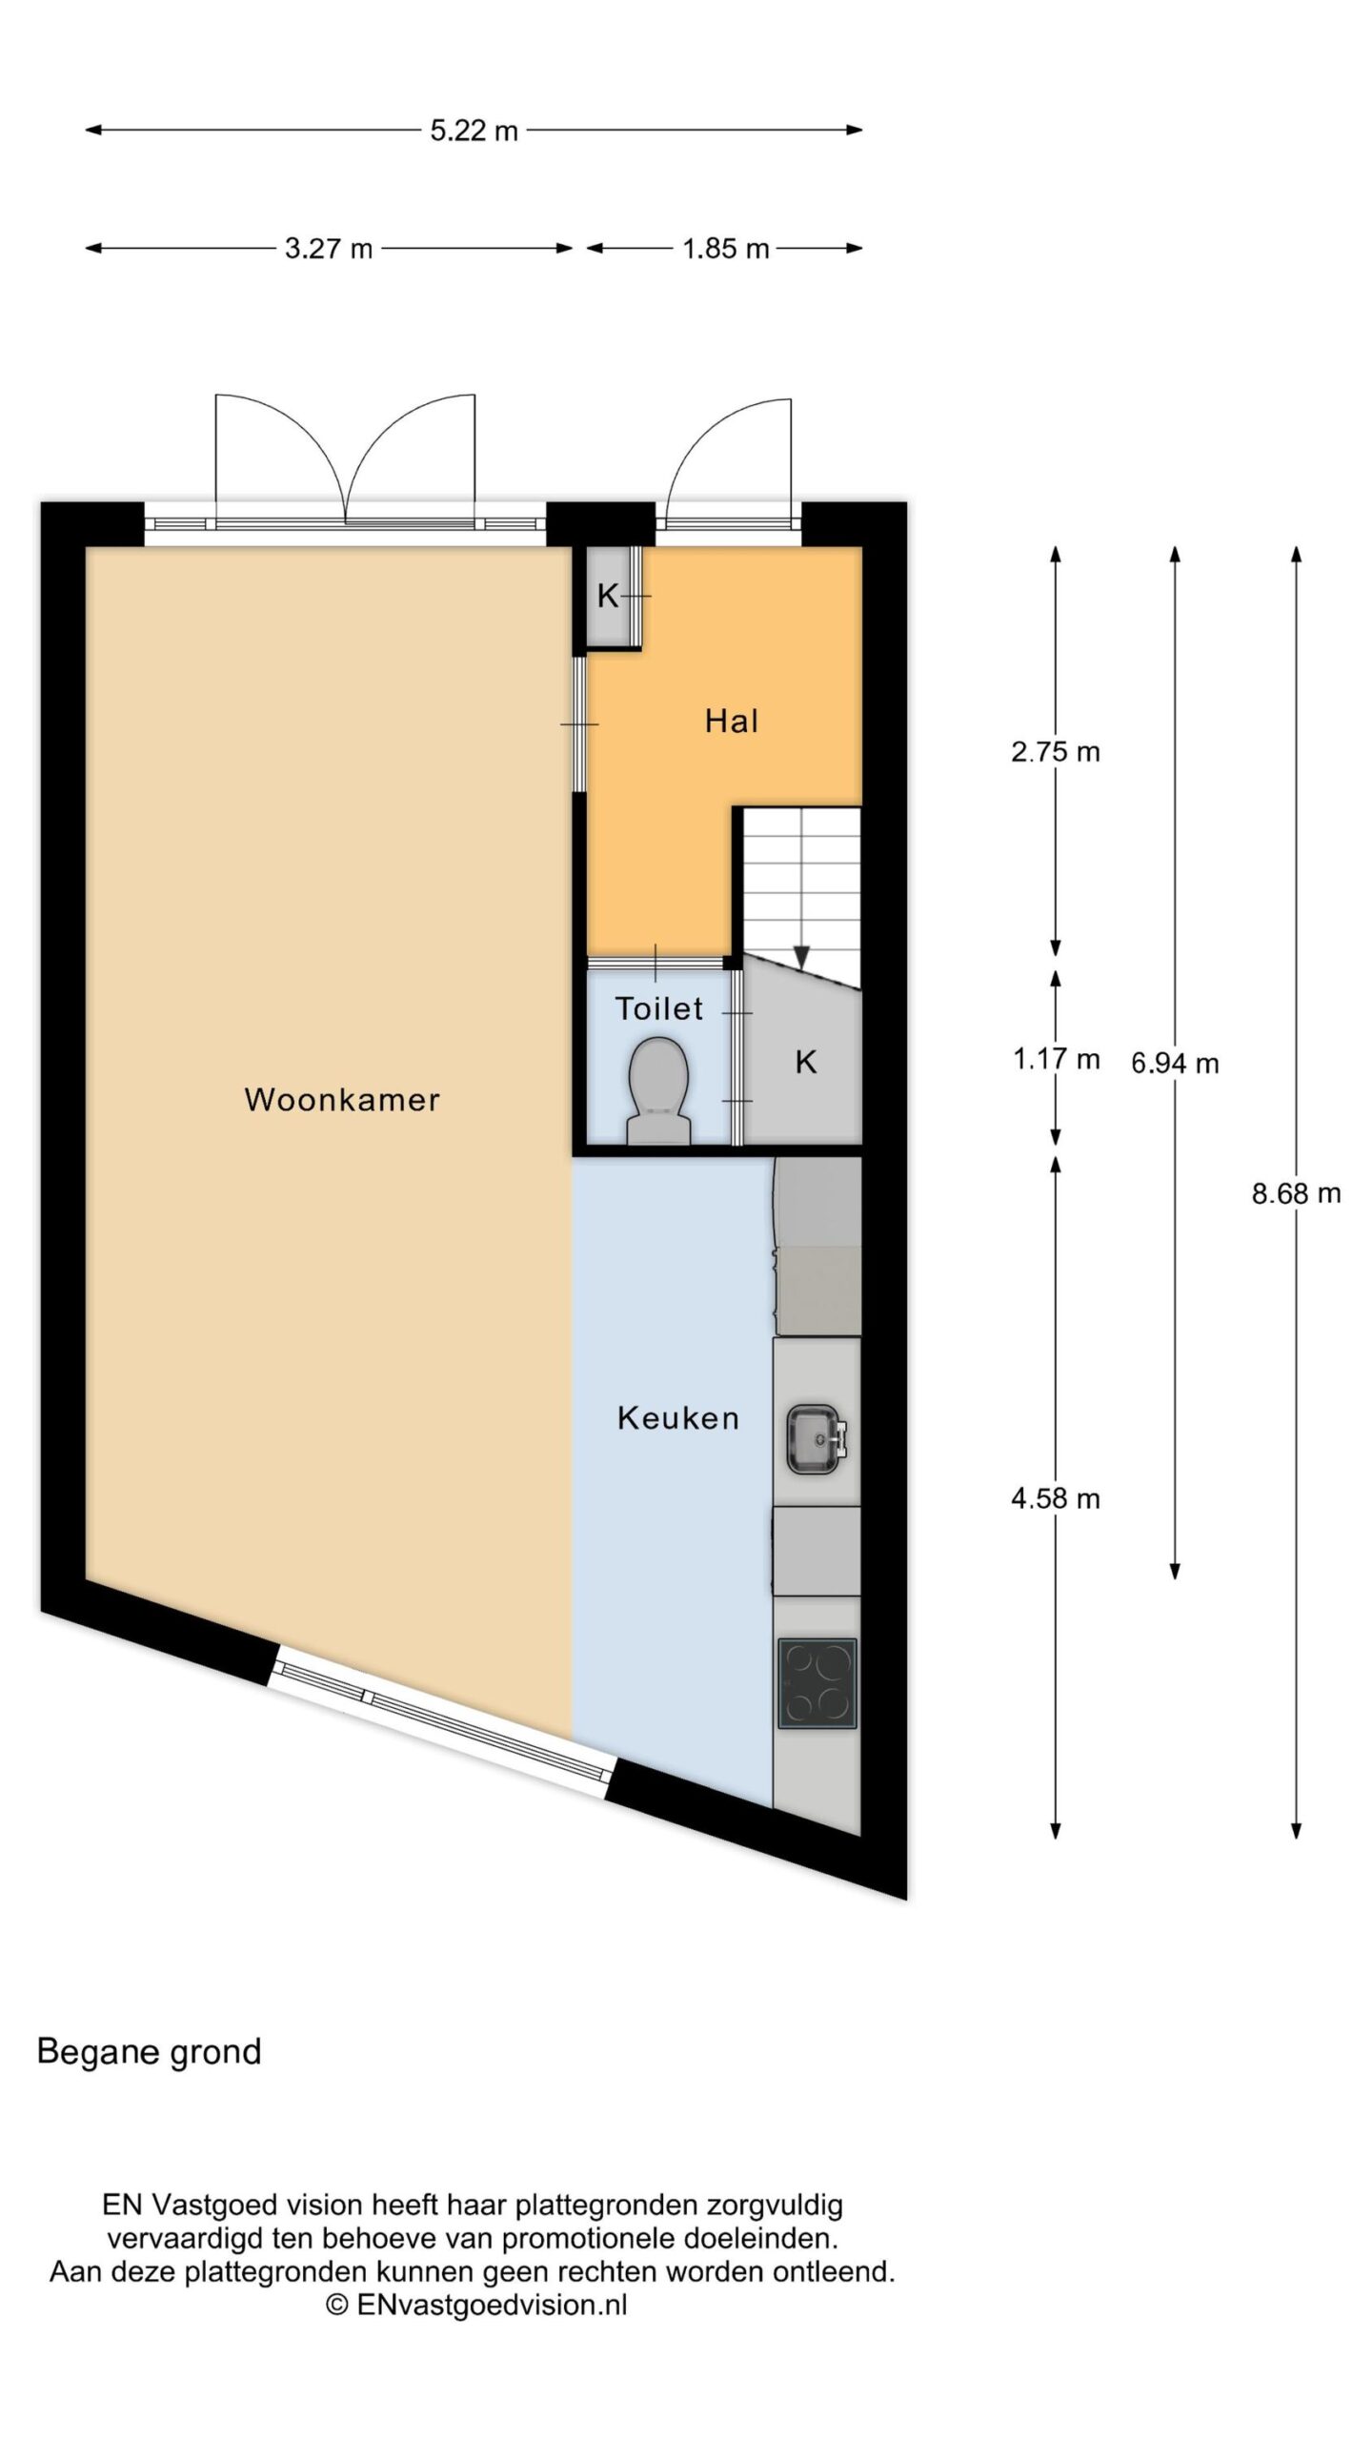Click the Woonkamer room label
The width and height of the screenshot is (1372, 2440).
click(x=342, y=1100)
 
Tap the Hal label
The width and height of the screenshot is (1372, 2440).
click(x=732, y=721)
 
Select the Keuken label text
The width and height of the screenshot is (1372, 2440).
click(x=678, y=1418)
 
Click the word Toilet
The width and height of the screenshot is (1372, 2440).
click(x=659, y=1007)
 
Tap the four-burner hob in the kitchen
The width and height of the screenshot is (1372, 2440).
click(x=817, y=1683)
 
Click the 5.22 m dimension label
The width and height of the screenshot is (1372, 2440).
click(x=474, y=131)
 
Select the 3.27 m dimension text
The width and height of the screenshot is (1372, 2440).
click(x=329, y=249)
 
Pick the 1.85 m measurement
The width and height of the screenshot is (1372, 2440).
click(x=726, y=249)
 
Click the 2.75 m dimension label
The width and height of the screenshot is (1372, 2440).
click(x=1056, y=752)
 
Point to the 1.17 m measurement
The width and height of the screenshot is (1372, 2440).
click(x=1056, y=1059)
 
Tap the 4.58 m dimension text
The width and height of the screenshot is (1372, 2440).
click(x=1056, y=1499)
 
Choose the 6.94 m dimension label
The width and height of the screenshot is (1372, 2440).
click(x=1175, y=1063)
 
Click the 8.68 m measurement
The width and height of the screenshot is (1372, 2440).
click(x=1296, y=1192)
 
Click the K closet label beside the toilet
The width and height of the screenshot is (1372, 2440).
click(x=806, y=1062)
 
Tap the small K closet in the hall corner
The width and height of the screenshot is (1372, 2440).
click(x=608, y=597)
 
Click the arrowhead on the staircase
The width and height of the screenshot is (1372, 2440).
click(x=801, y=956)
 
